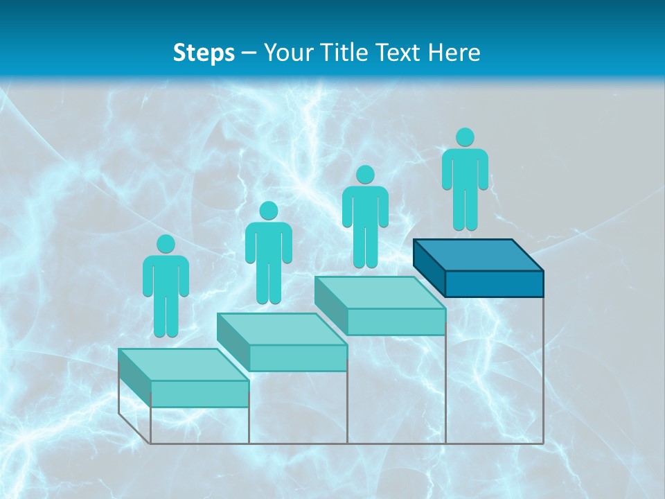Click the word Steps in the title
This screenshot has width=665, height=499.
pyautogui.click(x=204, y=53)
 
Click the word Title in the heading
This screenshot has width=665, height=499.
pyautogui.click(x=347, y=53)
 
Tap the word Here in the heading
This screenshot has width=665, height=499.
pyautogui.click(x=454, y=53)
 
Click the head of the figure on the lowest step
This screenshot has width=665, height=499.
pyautogui.click(x=166, y=244)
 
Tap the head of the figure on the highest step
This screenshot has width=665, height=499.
pyautogui.click(x=465, y=137)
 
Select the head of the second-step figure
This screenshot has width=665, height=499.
pyautogui.click(x=268, y=211)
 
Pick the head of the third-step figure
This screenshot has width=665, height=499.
pyautogui.click(x=365, y=175)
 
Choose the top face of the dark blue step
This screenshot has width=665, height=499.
pyautogui.click(x=477, y=254)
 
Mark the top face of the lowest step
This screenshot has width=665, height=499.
pyautogui.click(x=184, y=365)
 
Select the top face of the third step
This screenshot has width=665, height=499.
pyautogui.click(x=380, y=292)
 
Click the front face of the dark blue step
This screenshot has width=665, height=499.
pyautogui.click(x=494, y=283)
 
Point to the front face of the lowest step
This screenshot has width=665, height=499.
pyautogui.click(x=199, y=394)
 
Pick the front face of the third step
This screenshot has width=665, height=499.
pyautogui.click(x=396, y=322)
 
